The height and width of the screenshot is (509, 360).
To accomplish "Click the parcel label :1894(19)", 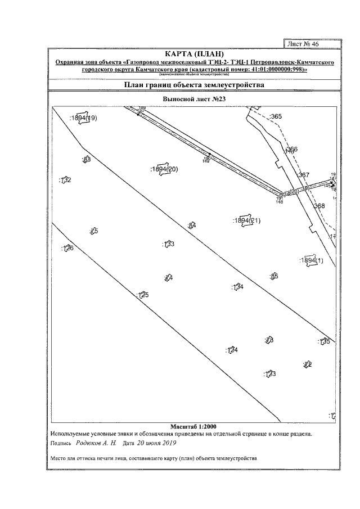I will click(x=83, y=118).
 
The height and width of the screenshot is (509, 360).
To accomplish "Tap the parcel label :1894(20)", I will click(x=164, y=169).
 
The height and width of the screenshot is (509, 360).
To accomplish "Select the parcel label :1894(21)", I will click(x=246, y=220).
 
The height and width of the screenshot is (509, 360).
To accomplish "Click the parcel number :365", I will click(x=275, y=116).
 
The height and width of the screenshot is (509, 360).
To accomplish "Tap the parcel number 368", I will click(x=319, y=206).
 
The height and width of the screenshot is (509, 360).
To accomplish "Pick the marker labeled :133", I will click(x=168, y=244).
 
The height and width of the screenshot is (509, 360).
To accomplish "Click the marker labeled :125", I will click(x=143, y=295).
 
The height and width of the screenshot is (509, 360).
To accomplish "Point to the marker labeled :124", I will click(x=232, y=350).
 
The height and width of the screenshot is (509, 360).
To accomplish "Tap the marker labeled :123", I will click(x=269, y=373).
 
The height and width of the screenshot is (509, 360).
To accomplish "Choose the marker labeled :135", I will click(x=324, y=341).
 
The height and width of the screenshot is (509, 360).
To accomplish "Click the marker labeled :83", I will click(x=86, y=160).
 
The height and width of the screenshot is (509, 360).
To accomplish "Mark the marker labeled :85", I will click(x=274, y=276).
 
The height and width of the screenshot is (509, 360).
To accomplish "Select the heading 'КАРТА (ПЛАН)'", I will click(x=191, y=53).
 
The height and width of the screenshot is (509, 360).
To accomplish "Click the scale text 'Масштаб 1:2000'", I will click(x=193, y=426).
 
